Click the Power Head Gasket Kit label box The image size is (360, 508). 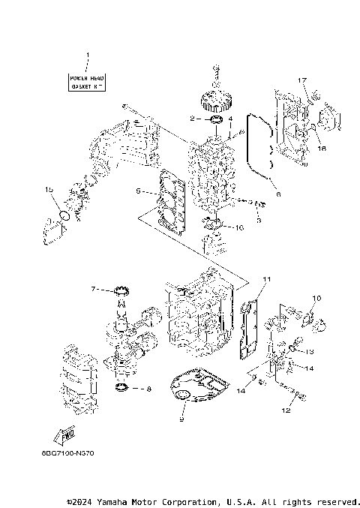click(88, 82)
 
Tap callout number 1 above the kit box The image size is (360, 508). click(88, 56)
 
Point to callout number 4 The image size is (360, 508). click(231, 118)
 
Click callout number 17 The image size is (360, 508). click(302, 80)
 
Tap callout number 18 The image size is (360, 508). click(323, 149)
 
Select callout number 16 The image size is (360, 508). click(240, 227)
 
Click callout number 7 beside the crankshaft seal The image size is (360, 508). click(94, 289)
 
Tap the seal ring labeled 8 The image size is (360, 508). click(121, 388)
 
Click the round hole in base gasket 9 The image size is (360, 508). click(181, 395)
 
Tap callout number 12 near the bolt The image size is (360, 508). click(285, 410)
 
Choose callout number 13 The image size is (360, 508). click(309, 350)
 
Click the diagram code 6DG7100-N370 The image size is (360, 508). click(68, 453)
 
